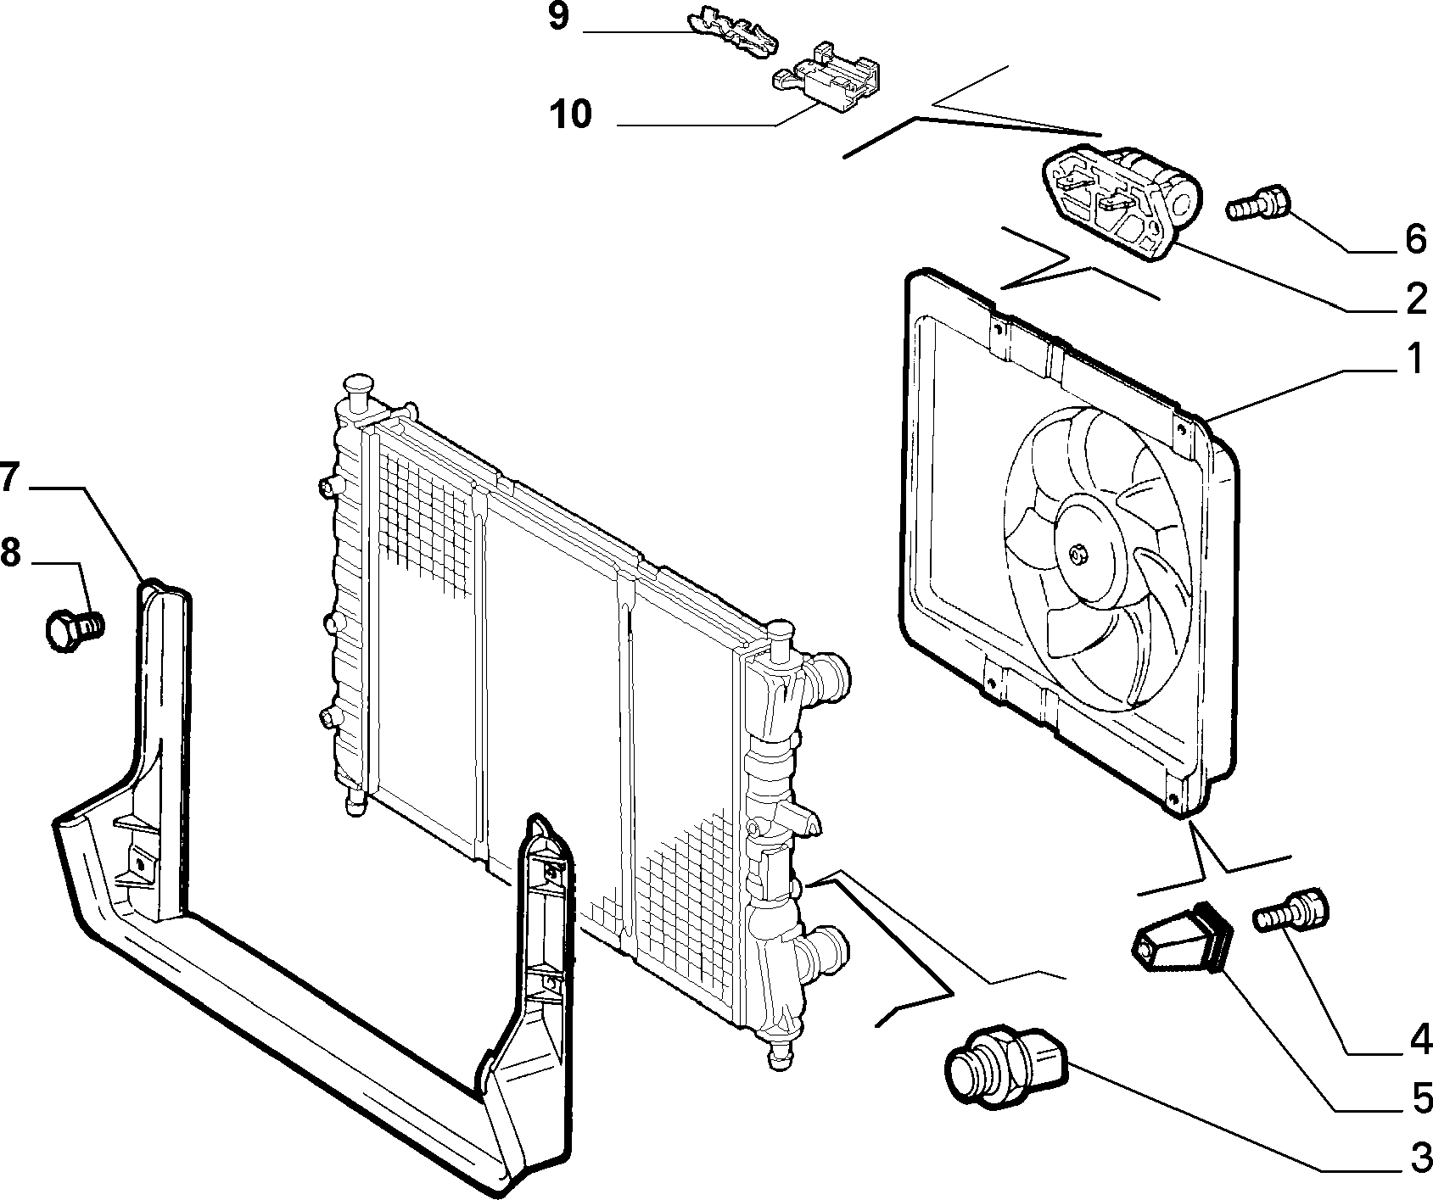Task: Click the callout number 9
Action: [x=557, y=17]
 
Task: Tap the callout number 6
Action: [x=1414, y=240]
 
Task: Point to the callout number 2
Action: [x=1415, y=299]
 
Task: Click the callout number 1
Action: [x=1415, y=360]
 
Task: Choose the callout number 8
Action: [x=9, y=553]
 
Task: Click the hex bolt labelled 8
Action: [x=73, y=630]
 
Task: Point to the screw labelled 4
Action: [x=1290, y=911]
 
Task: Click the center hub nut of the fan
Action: [x=1078, y=555]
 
